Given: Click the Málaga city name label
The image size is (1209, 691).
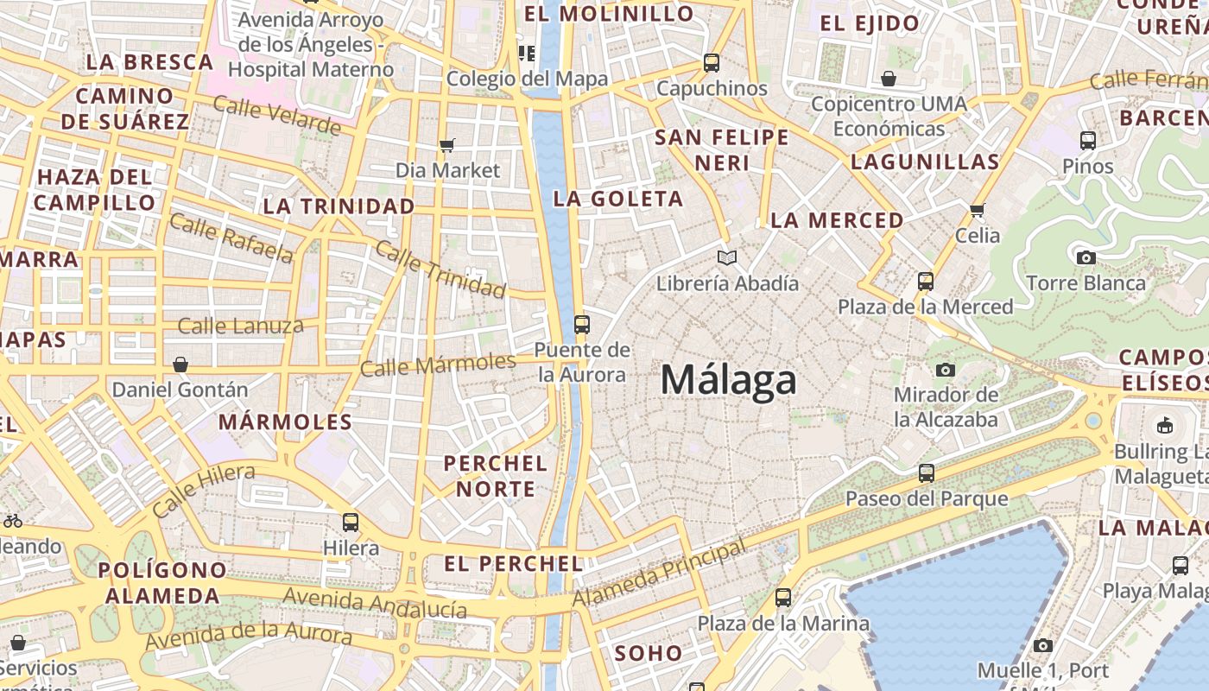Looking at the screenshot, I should pos(728,381).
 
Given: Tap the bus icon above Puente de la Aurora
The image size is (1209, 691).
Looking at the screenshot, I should pos(582,325).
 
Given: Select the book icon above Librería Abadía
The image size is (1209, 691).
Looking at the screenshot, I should pos(727,257).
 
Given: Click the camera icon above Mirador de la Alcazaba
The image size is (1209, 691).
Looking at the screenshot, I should pos(946,370).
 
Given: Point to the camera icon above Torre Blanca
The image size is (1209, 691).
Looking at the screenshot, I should pos(1086,257).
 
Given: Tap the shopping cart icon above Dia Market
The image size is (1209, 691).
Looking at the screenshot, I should pos(446,145).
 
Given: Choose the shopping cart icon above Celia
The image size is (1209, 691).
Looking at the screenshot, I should pos(978,210).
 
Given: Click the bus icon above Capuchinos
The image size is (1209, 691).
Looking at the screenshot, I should pos(712,63).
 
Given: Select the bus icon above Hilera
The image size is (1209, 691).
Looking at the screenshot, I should pos(351,523).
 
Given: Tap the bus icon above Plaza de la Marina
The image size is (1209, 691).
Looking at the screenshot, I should pos(783,598).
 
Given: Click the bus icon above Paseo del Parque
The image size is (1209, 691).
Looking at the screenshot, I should pos(927,473).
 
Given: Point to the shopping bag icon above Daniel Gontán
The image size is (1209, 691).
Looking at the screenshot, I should pos(180,365).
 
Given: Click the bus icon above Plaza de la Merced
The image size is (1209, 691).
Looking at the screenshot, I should pos(926,282).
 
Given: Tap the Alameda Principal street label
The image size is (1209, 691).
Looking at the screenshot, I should pos(659,574).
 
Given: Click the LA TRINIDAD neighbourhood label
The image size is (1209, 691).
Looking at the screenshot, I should pos(339,206).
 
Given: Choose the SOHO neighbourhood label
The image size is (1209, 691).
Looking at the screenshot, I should pos(648,653).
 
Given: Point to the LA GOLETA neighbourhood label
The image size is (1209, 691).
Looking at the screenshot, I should pos(617,199).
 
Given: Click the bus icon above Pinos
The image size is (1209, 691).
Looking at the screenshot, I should pos(1088,140).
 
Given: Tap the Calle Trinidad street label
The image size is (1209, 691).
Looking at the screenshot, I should pos(440,269).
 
